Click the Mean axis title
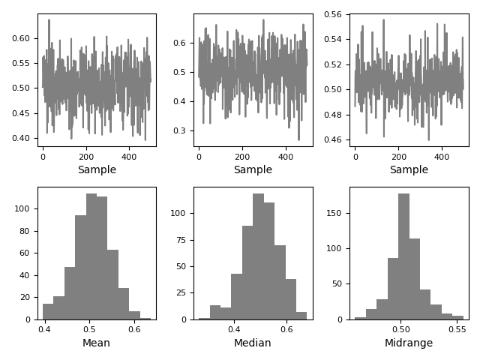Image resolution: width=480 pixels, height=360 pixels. click(x=96, y=343)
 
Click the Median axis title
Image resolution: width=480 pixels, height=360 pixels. click(x=253, y=343)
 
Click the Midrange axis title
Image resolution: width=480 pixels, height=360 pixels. click(x=409, y=343)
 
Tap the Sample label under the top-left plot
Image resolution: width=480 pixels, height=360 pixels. click(x=97, y=170)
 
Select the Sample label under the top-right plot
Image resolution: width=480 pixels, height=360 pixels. click(x=409, y=170)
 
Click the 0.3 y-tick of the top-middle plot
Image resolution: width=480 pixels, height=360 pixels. click(x=183, y=130)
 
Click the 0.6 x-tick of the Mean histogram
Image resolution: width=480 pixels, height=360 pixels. click(x=134, y=329)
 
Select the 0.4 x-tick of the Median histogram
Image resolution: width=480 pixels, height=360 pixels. click(x=235, y=329)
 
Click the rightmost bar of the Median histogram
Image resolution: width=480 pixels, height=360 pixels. click(x=301, y=316)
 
